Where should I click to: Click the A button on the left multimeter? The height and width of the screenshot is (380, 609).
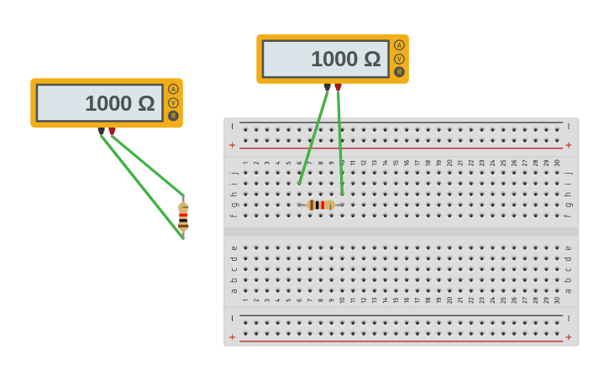point(173,89)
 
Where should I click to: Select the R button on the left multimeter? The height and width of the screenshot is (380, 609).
point(173,116)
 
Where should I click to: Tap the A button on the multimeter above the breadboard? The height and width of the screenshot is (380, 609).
point(399,45)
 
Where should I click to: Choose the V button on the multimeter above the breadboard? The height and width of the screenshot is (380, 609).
point(399,59)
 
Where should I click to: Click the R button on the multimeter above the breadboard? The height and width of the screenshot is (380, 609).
point(399,71)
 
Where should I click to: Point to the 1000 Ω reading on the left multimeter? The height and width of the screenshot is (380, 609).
point(119,103)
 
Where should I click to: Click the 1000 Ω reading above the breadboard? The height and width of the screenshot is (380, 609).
point(345,59)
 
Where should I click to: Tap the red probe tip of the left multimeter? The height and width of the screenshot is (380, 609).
point(112,131)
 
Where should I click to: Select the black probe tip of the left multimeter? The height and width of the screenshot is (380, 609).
point(102,131)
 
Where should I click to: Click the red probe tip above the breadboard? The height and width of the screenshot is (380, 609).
point(338,86)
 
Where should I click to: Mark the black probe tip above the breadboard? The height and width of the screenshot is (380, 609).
point(328,86)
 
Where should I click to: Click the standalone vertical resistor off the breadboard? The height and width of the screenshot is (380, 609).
point(183,216)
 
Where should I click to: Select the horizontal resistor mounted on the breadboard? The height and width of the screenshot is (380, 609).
point(320,205)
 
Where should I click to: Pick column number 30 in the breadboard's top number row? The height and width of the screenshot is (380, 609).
point(557,163)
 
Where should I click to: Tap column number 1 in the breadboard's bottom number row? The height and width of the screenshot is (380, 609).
point(245,299)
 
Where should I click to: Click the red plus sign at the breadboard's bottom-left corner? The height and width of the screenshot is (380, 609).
point(233,337)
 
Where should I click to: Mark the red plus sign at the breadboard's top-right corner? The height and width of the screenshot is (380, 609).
point(569,145)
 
